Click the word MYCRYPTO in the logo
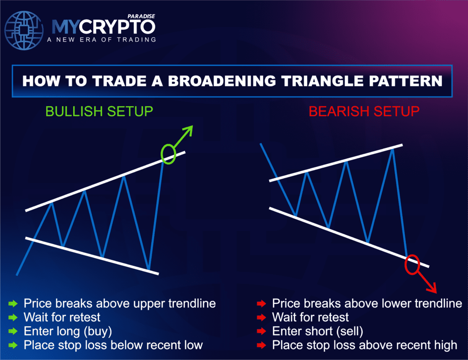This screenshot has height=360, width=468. click(x=103, y=27)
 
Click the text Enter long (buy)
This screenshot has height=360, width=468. click(x=68, y=331)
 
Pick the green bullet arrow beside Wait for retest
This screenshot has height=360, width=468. click(x=13, y=317)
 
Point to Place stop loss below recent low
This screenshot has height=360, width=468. click(x=113, y=345)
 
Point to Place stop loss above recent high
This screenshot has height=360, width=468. click(x=364, y=345)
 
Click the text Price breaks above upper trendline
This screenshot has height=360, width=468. click(x=119, y=303)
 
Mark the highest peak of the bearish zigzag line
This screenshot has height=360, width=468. click(x=392, y=149)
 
